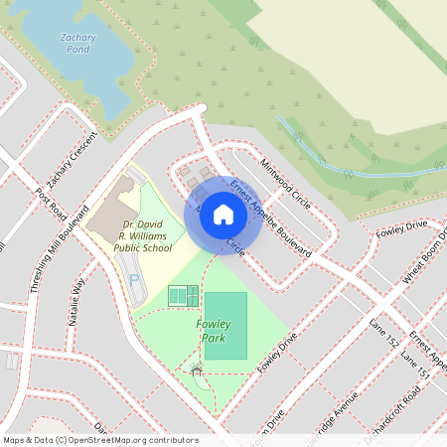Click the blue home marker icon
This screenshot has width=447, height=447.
[x=223, y=214]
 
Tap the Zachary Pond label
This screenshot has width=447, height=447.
[x=77, y=43]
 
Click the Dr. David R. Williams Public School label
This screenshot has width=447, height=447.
[x=142, y=236]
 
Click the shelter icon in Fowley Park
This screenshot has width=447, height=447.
[x=197, y=371]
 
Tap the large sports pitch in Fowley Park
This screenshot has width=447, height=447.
[x=225, y=325]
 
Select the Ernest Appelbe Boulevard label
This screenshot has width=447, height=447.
[x=271, y=220]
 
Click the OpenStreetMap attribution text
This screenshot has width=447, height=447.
[x=100, y=440]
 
